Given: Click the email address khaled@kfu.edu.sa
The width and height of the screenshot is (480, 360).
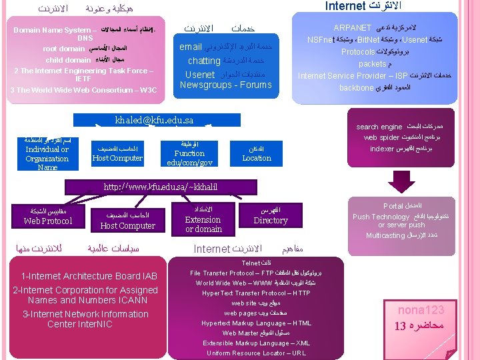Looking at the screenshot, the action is pyautogui.click(x=154, y=120).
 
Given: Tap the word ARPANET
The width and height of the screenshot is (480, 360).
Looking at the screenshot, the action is pyautogui.click(x=352, y=28).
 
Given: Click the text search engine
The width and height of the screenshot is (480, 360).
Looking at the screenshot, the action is pyautogui.click(x=379, y=127).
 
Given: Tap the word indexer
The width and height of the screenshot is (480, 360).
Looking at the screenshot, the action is pyautogui.click(x=382, y=149).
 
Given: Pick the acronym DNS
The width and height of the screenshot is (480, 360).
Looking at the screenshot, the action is pyautogui.click(x=85, y=38).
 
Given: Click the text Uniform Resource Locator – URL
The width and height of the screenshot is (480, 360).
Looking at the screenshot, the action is pyautogui.click(x=256, y=353).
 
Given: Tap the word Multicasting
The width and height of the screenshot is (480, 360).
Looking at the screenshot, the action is pyautogui.click(x=385, y=235).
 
